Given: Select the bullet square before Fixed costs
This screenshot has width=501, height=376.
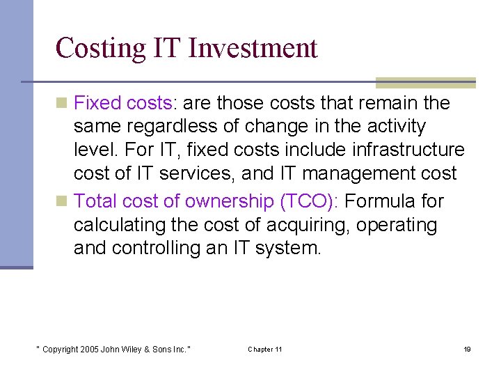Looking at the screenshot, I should pos(62,104).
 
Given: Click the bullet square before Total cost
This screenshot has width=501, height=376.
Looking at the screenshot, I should pos(62,202).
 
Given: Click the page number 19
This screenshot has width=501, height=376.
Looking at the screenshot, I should pos(467,349).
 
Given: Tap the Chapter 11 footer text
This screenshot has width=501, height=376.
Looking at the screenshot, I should pos(264,349).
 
